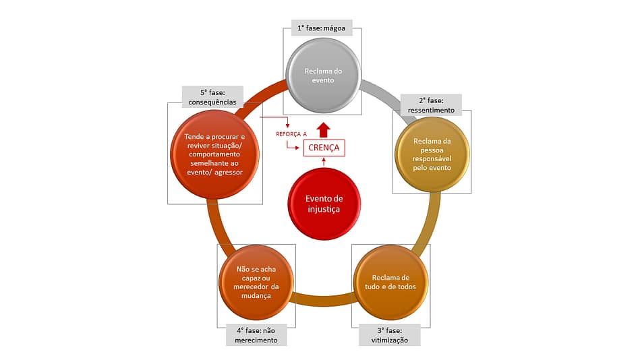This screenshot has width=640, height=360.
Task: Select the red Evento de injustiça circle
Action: click(x=324, y=204)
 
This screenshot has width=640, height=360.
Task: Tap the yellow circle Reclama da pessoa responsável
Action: click(x=432, y=154)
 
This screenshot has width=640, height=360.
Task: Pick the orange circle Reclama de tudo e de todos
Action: click(x=390, y=282)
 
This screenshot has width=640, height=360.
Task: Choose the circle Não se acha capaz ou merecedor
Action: click(x=256, y=282)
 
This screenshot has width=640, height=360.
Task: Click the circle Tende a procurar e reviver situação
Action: click(x=212, y=154)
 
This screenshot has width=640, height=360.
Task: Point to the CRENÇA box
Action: click(x=324, y=148)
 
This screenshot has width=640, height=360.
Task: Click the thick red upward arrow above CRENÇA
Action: click(x=324, y=129)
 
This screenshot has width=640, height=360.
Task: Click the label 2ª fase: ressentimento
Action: click(x=431, y=104)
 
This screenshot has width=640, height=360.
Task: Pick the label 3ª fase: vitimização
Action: click(x=389, y=335)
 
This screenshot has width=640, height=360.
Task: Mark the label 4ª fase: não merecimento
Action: click(x=256, y=335)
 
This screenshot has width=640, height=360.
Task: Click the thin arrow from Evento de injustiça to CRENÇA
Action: click(x=324, y=162)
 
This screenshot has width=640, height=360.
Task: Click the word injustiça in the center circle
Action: click(x=324, y=210)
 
